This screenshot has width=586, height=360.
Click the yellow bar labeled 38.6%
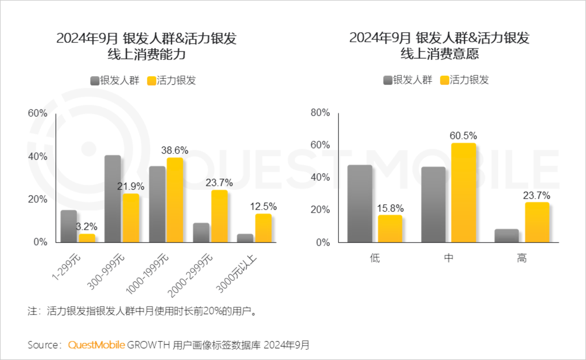tap(175, 200)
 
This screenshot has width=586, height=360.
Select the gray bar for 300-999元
tap(113, 199)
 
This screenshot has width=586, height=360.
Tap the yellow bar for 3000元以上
tap(263, 228)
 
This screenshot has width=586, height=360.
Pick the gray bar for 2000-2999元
tap(201, 233)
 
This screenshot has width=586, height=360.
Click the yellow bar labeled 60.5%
tap(464, 193)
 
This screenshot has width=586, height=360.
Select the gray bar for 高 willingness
tap(507, 236)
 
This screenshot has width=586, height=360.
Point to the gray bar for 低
tap(360, 204)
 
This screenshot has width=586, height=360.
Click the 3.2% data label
tap(87, 227)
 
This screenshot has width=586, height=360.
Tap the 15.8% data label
tap(390, 209)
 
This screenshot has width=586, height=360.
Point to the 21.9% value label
tap(131, 186)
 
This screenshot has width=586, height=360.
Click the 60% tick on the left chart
tap(37, 113)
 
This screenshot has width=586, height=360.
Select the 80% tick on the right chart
tap(320, 113)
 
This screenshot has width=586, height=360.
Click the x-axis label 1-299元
tap(66, 267)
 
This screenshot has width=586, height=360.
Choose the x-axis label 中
tap(448, 258)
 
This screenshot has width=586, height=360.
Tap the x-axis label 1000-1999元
tap(147, 273)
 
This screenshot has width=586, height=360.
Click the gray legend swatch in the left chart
tap(94, 81)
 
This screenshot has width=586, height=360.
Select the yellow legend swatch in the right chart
tap(444, 80)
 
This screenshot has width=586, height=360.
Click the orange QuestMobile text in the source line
tap(96, 345)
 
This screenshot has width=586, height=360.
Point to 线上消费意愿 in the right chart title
tap(439, 54)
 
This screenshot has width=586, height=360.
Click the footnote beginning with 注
tap(142, 311)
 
